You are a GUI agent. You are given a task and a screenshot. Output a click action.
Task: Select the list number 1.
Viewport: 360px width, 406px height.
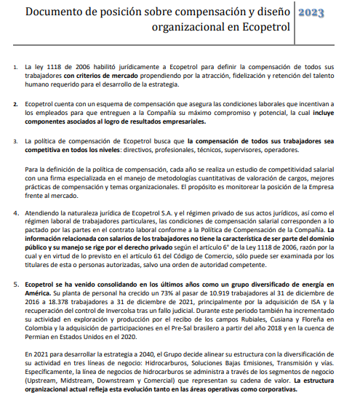17,66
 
